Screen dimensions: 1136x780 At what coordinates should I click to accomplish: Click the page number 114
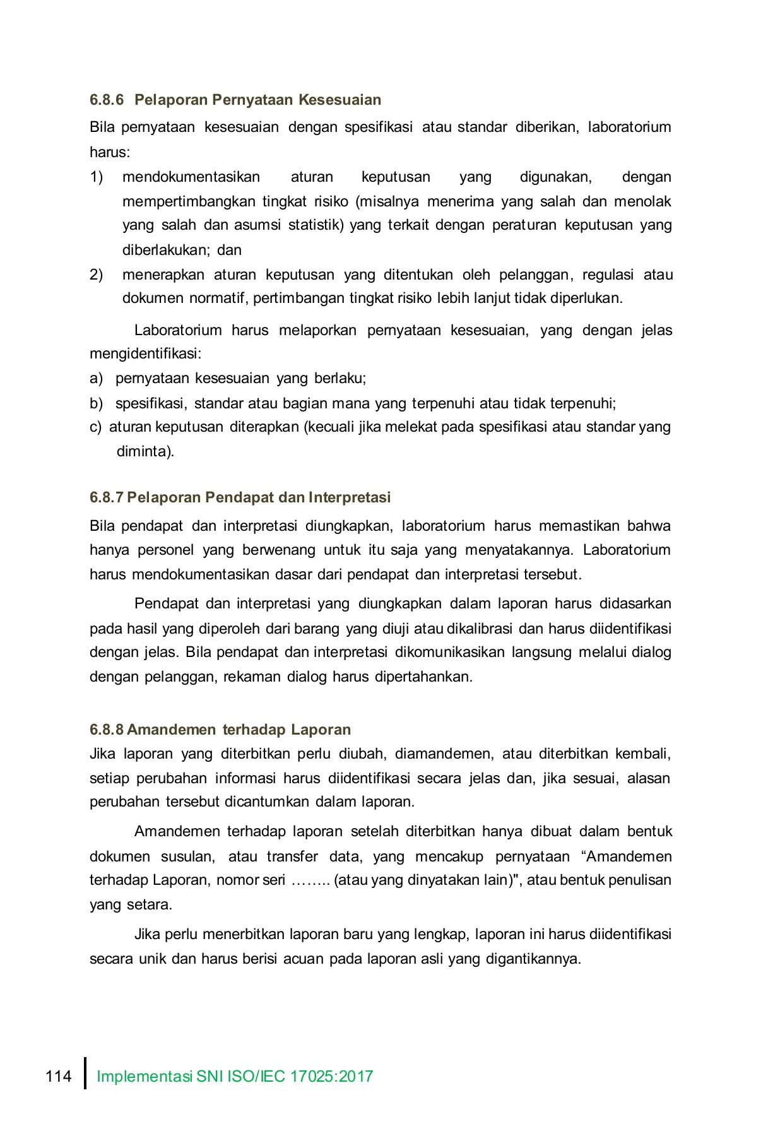click(x=59, y=1076)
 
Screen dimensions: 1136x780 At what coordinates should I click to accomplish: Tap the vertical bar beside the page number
click(x=85, y=1074)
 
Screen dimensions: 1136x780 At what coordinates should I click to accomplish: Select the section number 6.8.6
click(x=107, y=100)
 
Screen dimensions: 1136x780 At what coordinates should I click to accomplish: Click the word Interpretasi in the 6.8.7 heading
click(x=350, y=497)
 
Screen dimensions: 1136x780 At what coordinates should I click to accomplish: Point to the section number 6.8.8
click(x=107, y=730)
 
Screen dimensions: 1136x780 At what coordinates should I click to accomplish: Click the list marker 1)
click(x=96, y=177)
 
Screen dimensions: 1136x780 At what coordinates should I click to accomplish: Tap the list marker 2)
click(x=96, y=275)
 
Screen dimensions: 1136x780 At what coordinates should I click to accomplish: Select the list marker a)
click(x=96, y=379)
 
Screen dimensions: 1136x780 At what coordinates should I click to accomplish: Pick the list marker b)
click(x=96, y=403)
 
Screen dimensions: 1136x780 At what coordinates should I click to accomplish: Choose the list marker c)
click(x=95, y=427)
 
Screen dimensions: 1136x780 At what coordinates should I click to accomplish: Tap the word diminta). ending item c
click(x=145, y=452)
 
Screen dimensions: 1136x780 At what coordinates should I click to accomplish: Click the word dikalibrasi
click(x=480, y=629)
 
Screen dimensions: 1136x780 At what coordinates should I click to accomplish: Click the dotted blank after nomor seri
click(x=310, y=880)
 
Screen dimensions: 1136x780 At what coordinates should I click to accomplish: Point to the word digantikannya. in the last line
click(x=533, y=959)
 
